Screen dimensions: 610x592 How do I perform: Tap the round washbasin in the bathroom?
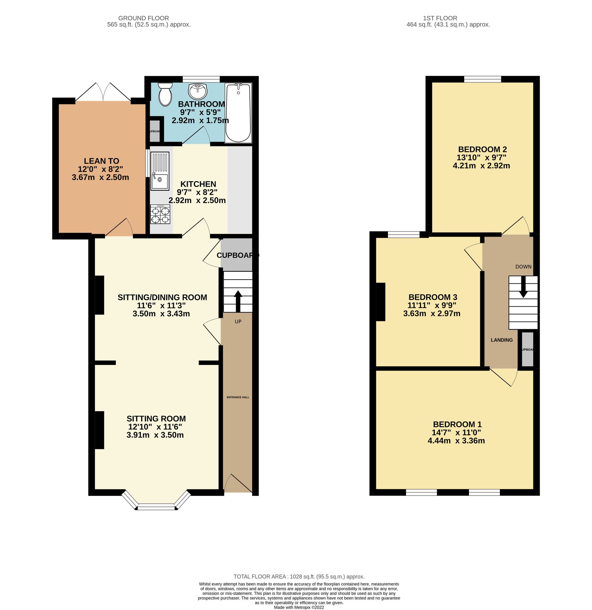coord(198,91)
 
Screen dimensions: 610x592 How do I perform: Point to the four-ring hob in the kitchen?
coord(160,214)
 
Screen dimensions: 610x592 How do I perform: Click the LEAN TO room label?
coord(101,161)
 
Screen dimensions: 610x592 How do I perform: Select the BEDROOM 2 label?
coord(482,149)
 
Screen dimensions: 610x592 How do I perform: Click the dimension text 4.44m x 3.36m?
coord(456,441)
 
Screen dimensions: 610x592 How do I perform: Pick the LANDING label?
coord(502,340)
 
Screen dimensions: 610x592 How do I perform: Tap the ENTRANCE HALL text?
coord(238,397)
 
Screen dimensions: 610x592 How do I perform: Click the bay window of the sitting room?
coord(157,506)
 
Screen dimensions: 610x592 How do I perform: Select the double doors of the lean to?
coord(103,92)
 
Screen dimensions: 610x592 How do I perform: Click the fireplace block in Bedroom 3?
coord(381,302)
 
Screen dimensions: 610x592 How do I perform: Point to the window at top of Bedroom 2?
coord(482,79)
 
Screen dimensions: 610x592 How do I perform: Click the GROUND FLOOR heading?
coord(143,18)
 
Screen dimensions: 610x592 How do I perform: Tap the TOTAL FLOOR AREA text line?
coord(299,576)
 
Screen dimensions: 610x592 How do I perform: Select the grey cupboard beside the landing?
coord(527,349)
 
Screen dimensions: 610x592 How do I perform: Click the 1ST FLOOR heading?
coord(440,18)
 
